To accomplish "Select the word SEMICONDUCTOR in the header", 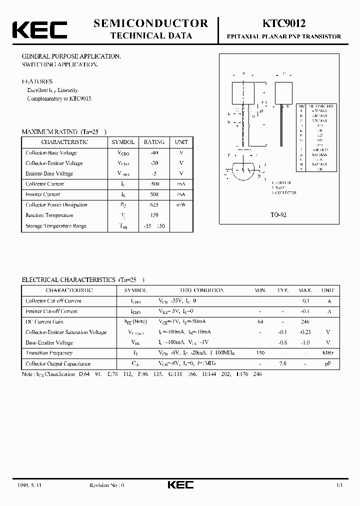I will coord(150,23).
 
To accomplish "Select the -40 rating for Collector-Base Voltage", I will coord(154,152).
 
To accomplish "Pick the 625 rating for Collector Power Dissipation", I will coord(154,204).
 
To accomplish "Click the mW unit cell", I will coord(181,204).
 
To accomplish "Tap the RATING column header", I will coord(154,142).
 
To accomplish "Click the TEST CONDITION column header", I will coord(201,290).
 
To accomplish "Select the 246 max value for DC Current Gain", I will coord(305,321).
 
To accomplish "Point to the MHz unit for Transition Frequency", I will coord(328,353).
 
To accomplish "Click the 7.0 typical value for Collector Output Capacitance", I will coord(283,363).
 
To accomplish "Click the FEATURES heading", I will coord(37,81).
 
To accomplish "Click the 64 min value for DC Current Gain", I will coord(260,321).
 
